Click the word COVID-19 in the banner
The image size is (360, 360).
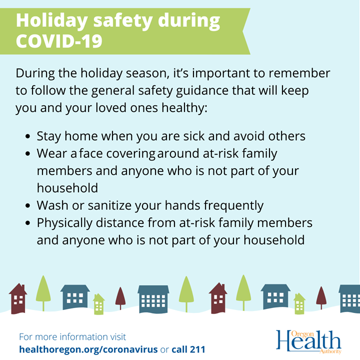(x=59, y=41)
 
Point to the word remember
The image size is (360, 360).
(x=299, y=73)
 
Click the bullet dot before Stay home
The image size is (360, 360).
(x=28, y=136)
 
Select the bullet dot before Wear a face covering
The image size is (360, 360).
(x=28, y=153)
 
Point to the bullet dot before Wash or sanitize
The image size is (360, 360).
(x=28, y=205)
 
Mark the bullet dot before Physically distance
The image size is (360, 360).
(x=28, y=222)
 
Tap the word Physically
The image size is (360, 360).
(x=64, y=223)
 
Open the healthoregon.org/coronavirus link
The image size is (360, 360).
(x=88, y=349)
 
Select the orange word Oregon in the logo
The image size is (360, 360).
(x=302, y=334)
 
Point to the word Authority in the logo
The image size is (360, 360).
(x=330, y=351)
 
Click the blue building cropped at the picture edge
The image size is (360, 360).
(x=349, y=298)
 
